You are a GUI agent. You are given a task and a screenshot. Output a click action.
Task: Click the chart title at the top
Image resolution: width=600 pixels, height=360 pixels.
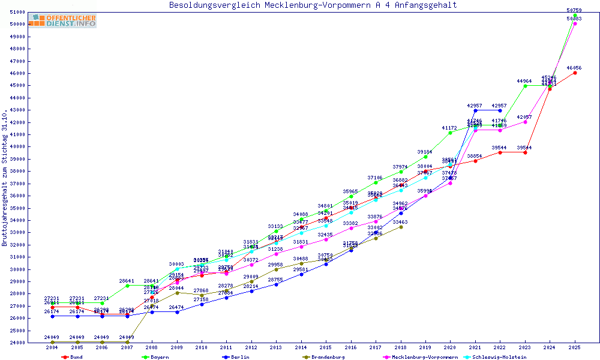pos(313,5)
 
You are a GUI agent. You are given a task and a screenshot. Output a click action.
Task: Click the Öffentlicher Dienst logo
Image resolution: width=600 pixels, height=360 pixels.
pos(62,21)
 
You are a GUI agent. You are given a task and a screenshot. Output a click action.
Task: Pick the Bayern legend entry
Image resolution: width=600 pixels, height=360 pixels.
pos(156,357)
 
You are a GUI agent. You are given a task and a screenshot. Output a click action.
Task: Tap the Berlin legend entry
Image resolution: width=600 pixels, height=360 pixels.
pos(236,357)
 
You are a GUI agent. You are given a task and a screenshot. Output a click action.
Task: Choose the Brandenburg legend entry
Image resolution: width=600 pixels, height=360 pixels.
pos(324,357)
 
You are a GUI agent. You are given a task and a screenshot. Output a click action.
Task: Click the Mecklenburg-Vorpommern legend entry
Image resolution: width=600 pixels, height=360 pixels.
pos(420,357)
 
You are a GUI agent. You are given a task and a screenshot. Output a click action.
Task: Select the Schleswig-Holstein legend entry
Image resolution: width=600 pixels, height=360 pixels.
pos(502,357)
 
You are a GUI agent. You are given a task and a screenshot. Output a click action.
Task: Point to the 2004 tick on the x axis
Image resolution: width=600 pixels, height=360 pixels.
pos(52,347)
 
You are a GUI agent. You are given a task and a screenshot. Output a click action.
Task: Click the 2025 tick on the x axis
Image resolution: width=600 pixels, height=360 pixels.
pos(575,347)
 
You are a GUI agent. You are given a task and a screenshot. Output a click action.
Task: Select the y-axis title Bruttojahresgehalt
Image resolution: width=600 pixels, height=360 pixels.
pos(5,178)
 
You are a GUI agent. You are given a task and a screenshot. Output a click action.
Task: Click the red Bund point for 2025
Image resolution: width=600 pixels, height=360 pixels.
pos(575,73)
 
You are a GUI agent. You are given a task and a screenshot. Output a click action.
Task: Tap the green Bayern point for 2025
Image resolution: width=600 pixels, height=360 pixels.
pos(575,15)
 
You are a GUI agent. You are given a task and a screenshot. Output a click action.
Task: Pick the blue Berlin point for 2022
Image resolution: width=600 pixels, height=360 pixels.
pos(500,110)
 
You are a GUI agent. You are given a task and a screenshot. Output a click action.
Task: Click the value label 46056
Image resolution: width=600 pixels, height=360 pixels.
pos(575,68)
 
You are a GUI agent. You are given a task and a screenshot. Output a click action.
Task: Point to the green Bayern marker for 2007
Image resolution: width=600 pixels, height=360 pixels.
pos(127,286)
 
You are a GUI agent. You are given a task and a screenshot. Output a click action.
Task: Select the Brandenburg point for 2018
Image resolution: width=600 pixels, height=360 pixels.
pos(401,227)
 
